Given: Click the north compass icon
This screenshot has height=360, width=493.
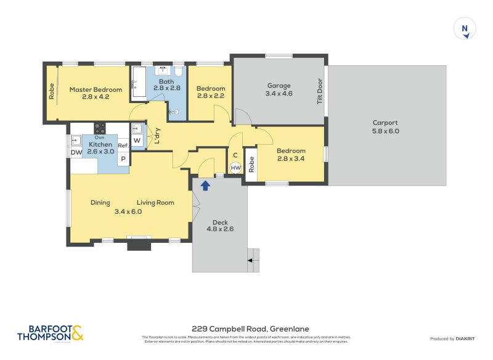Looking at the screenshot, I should click(x=465, y=29).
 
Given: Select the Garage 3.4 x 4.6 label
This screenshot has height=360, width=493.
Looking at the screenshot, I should click(x=279, y=89).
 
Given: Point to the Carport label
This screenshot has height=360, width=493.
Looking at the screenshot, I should click(x=385, y=126).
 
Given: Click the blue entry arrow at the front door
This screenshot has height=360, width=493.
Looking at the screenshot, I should click(x=205, y=184).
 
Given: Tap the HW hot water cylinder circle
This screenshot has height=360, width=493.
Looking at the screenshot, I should click(x=235, y=167).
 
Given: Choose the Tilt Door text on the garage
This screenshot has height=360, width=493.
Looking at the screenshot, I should click(x=320, y=91).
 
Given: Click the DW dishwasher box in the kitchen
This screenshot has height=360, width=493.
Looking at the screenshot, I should click(x=76, y=153).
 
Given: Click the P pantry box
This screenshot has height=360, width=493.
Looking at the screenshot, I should click(x=123, y=159).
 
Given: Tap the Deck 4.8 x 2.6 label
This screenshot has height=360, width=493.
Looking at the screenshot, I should click(x=220, y=226).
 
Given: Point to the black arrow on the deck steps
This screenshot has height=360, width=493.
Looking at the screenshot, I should click(x=250, y=261).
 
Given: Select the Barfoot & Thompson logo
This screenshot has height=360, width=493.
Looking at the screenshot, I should click(x=50, y=333).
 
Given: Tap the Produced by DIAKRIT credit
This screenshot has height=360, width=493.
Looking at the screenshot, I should click(x=455, y=338).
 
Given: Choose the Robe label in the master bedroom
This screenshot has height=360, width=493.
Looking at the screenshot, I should click(x=52, y=92).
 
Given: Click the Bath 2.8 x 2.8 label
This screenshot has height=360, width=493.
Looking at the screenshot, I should click(x=166, y=85).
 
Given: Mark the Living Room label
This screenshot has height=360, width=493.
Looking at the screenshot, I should click(x=155, y=202).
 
